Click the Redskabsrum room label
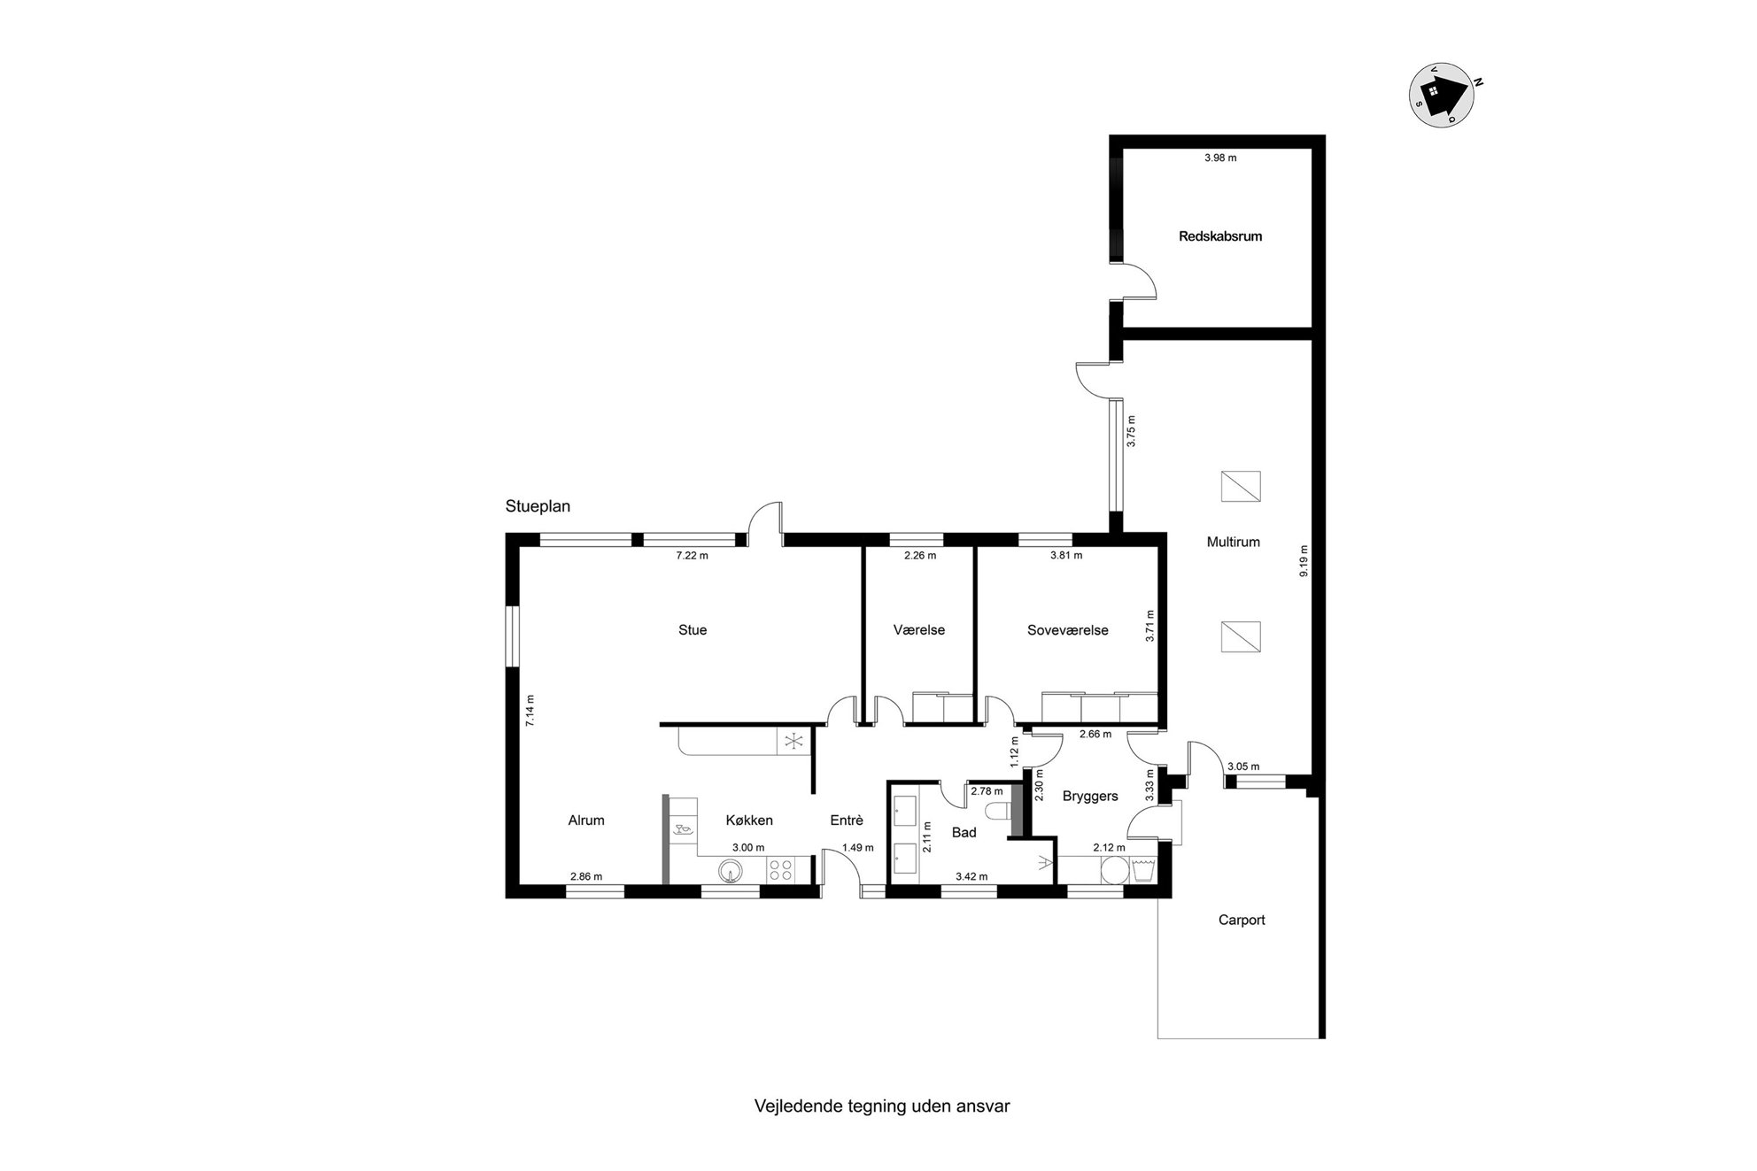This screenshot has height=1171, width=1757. pos(1220,236)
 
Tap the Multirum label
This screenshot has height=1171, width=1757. pos(1233,542)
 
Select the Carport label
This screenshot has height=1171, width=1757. pos(1242,921)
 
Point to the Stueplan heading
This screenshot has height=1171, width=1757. pos(538,507)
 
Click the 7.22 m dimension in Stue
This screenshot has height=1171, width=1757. pos(692,556)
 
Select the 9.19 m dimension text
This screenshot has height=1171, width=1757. pos(1303,561)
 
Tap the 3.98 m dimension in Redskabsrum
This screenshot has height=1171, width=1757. pos(1220,158)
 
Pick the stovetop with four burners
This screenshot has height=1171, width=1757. pos(780,870)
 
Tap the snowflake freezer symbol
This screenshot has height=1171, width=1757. pos(793,741)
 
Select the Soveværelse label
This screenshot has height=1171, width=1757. pos(1067,630)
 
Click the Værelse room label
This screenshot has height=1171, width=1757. pos(919,630)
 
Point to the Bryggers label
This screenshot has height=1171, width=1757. pos(1090,797)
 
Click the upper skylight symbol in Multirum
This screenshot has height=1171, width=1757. pos(1240,486)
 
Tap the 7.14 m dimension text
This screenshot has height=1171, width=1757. pos(530,711)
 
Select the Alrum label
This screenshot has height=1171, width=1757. pos(586,820)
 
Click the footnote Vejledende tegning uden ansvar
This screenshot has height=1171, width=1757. pos(882,1106)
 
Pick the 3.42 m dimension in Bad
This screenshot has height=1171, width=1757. pos(971,877)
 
